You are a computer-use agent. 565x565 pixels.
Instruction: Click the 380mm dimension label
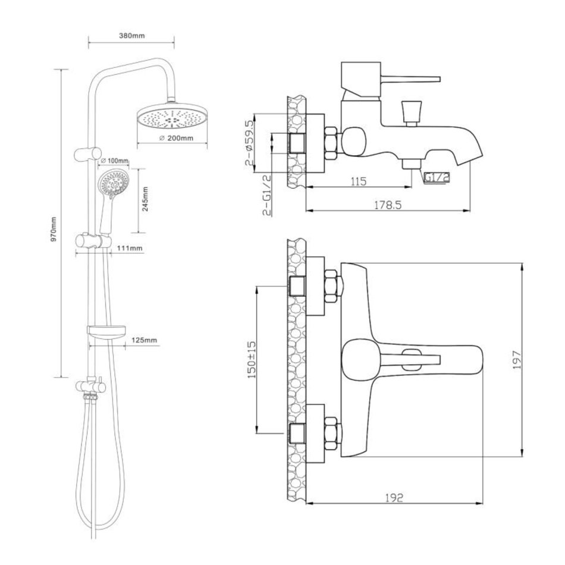pyautogui.click(x=131, y=36)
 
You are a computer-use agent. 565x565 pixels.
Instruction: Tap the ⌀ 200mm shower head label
pyautogui.click(x=176, y=139)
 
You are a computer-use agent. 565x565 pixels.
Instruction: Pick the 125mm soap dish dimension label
pyautogui.click(x=145, y=340)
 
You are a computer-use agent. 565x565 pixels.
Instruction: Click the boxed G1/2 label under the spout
pyautogui.click(x=435, y=177)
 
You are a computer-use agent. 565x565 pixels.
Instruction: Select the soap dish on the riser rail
pyautogui.click(x=106, y=331)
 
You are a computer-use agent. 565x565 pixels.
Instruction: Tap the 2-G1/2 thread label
pyautogui.click(x=268, y=194)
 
